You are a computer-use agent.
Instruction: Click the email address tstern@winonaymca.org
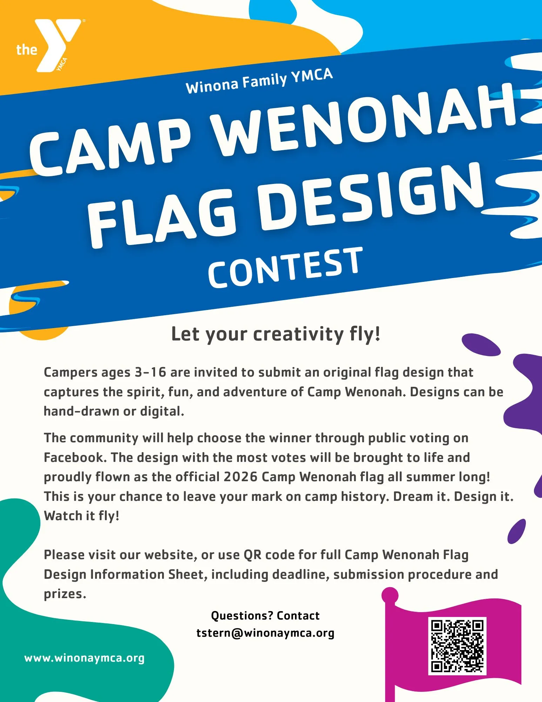[265, 633]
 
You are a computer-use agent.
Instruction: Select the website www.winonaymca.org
[84, 658]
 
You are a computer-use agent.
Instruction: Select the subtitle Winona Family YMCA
[259, 81]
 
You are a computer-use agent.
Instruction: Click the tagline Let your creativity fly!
[276, 334]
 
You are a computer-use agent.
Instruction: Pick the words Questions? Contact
[265, 616]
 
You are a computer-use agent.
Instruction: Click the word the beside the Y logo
[27, 49]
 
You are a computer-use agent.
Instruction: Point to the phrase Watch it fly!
[81, 516]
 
